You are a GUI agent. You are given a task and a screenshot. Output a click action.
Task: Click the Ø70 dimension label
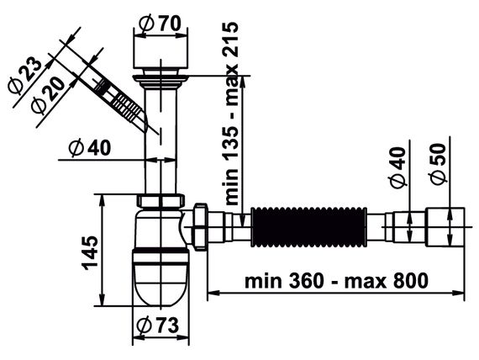click(161, 24)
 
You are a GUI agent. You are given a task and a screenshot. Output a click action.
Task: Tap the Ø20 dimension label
click(48, 95)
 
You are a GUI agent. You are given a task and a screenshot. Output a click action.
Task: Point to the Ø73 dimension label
click(158, 326)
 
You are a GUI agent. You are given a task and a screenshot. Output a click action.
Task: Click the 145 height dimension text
click(91, 252)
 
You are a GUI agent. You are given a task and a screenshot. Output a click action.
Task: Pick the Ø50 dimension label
click(437, 164)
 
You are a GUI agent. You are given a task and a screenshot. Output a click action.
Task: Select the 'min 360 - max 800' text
click(336, 280)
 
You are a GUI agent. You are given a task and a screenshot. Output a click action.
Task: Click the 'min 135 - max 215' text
click(231, 114)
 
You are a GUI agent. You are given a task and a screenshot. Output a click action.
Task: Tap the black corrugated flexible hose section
click(308, 226)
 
